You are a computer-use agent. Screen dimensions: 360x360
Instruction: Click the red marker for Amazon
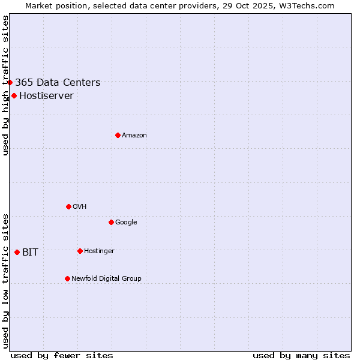tap(118, 135)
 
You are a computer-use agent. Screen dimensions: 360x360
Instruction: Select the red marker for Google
tap(111, 222)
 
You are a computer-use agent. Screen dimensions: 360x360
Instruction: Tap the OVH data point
tap(68, 206)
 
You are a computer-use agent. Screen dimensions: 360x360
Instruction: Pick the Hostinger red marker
tap(80, 251)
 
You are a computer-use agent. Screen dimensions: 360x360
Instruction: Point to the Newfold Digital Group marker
tap(67, 278)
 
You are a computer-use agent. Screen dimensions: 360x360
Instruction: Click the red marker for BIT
tap(17, 252)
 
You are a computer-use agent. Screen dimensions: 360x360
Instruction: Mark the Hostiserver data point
tap(14, 95)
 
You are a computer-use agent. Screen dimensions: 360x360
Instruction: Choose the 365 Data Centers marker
tap(10, 82)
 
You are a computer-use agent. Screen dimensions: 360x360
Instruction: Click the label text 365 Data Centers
tap(58, 83)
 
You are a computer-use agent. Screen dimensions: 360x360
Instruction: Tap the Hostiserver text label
tap(46, 96)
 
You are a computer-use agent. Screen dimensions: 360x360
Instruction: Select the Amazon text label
tap(134, 136)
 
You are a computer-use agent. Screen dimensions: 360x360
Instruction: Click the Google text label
tap(126, 223)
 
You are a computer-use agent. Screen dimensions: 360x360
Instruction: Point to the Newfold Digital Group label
tap(106, 279)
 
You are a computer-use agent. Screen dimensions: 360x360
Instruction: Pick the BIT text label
tap(30, 253)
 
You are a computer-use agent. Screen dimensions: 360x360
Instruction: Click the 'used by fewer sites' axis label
tap(62, 355)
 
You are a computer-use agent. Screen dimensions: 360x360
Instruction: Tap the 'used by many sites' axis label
tap(301, 355)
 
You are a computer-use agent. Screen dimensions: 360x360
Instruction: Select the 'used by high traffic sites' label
tap(6, 85)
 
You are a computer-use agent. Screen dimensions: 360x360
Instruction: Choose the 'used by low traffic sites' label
tap(6, 281)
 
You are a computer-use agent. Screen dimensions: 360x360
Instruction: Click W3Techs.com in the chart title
tap(308, 5)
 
